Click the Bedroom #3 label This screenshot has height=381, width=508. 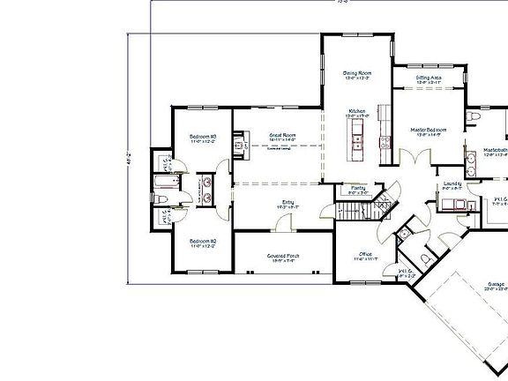(x=203, y=137)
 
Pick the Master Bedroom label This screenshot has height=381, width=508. (x=428, y=130)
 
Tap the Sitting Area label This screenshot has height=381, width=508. (x=429, y=78)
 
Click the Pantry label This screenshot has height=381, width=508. (x=358, y=188)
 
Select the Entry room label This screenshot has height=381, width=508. (x=288, y=203)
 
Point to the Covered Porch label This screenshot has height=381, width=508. (x=283, y=256)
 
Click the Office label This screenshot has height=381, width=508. (x=364, y=254)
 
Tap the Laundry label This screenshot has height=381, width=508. (x=451, y=185)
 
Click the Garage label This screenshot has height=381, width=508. (x=495, y=285)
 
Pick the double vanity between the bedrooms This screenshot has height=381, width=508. (x=205, y=188)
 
